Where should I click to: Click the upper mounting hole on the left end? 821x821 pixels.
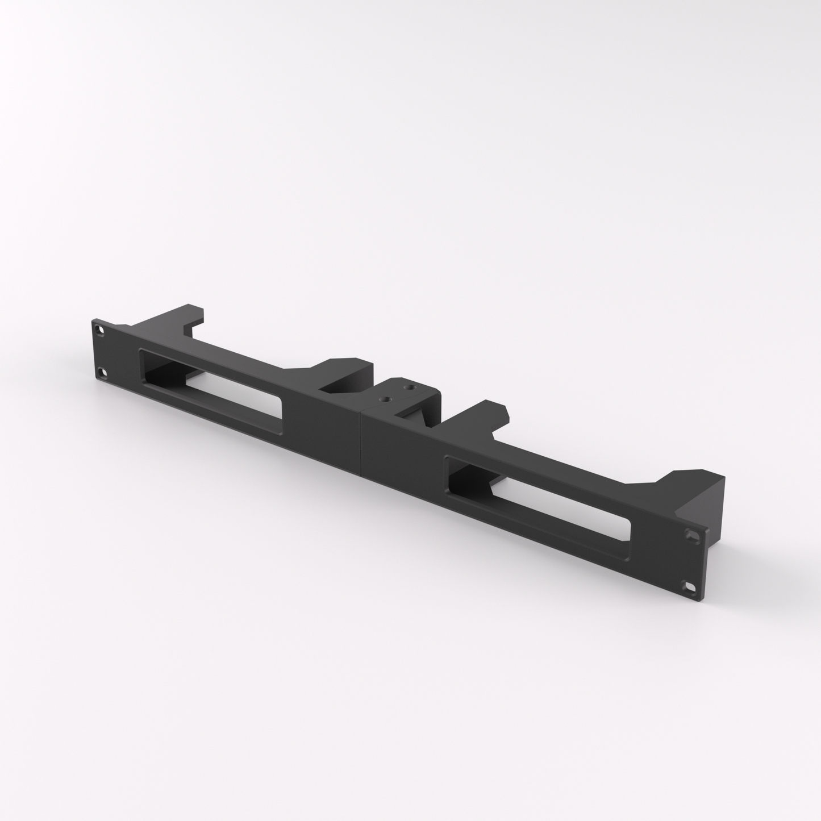pos(101,329)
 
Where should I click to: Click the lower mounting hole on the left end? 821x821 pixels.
pos(102,373)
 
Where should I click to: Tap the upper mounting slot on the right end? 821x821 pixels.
pos(691,535)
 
